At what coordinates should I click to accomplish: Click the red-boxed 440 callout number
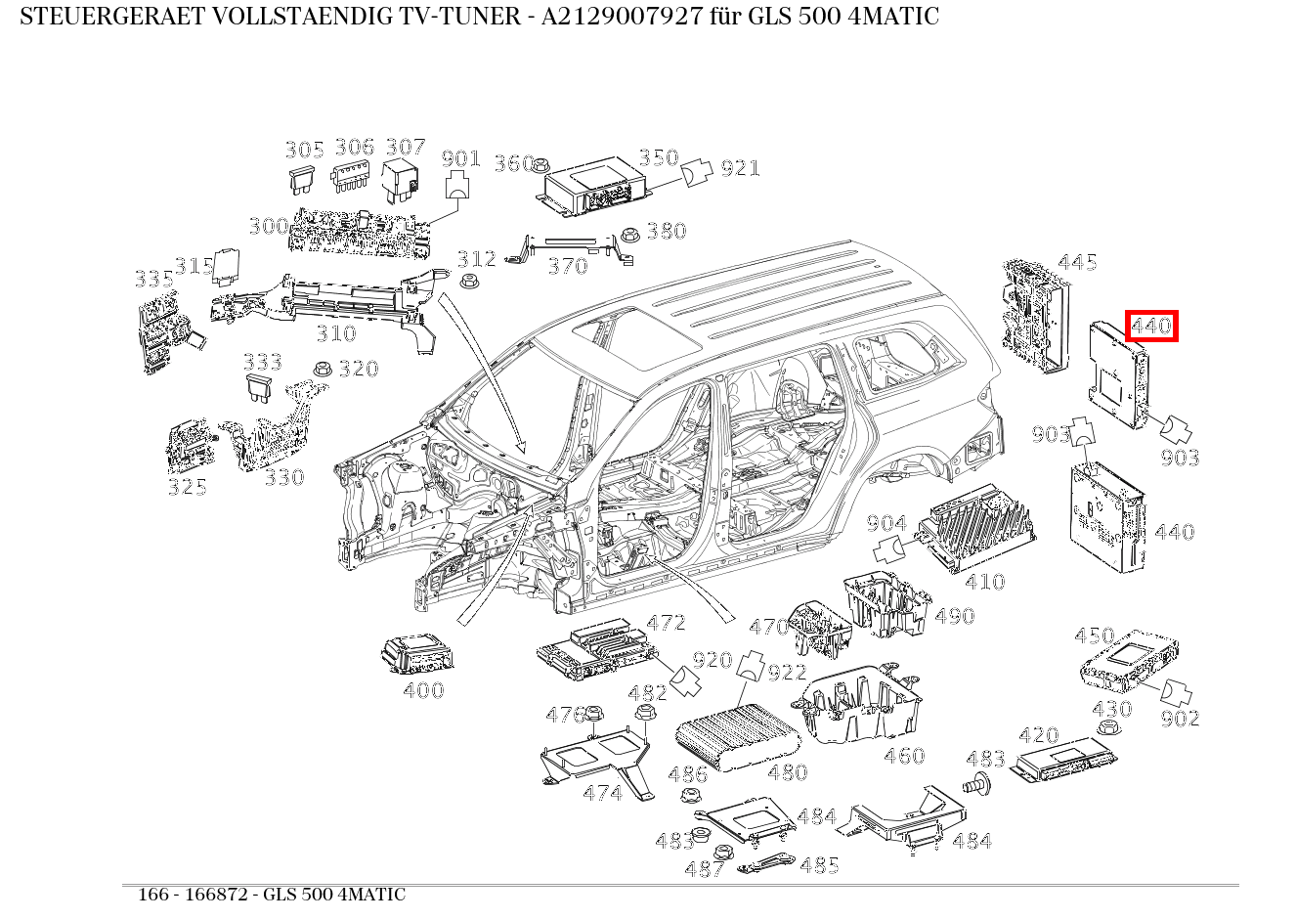[1151, 326]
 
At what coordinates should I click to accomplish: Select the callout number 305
[304, 150]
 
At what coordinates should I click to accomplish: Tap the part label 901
[460, 158]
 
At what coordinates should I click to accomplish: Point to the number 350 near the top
[658, 158]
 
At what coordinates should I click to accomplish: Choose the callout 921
[740, 168]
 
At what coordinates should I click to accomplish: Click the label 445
[1077, 262]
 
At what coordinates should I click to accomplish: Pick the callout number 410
[984, 582]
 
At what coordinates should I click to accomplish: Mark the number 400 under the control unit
[423, 690]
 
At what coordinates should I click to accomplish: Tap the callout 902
[1180, 719]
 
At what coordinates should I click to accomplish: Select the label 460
[903, 756]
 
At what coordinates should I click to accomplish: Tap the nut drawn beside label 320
[321, 369]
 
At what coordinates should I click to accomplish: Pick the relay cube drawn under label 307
[402, 180]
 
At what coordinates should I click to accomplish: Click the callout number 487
[704, 868]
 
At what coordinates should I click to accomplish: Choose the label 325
[187, 487]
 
